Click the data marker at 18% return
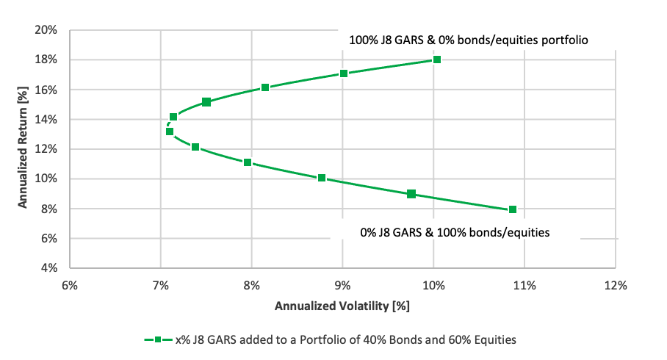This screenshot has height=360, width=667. tap(436, 60)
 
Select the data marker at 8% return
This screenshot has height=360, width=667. tap(513, 209)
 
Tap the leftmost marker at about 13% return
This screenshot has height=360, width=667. tap(170, 132)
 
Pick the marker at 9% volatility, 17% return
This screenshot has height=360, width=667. tap(344, 73)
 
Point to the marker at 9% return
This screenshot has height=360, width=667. tap(411, 194)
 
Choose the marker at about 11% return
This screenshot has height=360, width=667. tap(248, 162)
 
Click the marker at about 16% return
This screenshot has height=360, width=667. tap(265, 87)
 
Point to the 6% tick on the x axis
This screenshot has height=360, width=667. tap(70, 285)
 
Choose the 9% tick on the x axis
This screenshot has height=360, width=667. tap(342, 285)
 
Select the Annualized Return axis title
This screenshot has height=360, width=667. tap(24, 149)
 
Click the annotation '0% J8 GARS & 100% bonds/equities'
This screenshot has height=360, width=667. tap(455, 232)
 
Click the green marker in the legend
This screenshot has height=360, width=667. tap(158, 339)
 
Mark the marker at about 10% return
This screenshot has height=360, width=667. tap(322, 178)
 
